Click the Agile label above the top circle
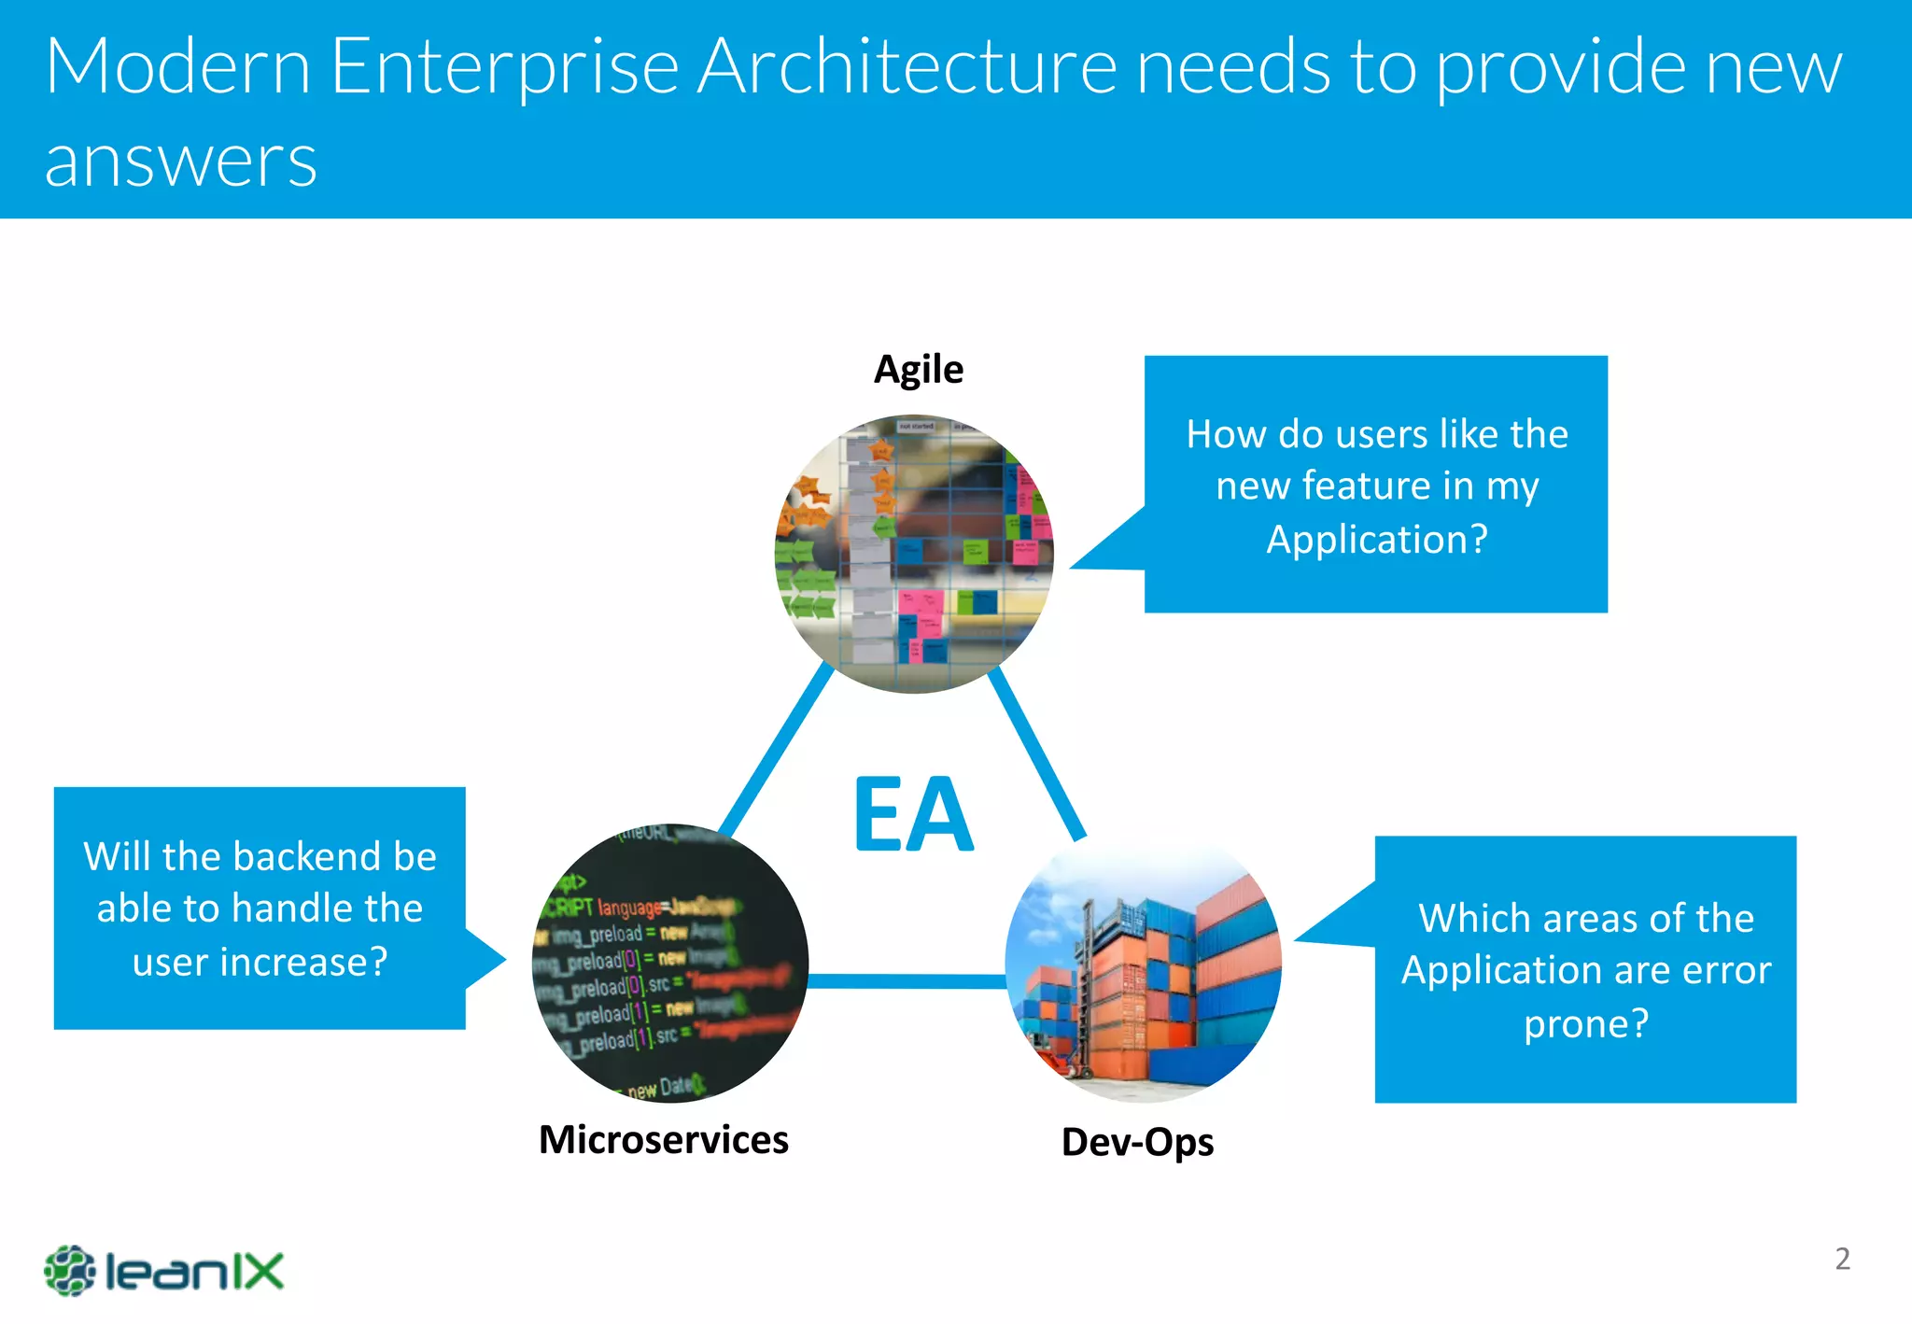pos(918,370)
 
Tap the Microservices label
pos(663,1140)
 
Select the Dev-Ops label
pos(1137,1142)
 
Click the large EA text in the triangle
pos(913,814)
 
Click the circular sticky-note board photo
pos(914,554)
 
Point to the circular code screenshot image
pos(669,963)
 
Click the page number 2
pos(1842,1259)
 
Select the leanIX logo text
pos(194,1272)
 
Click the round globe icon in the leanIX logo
pos(69,1271)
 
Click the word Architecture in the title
pos(907,67)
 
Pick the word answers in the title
pos(180,161)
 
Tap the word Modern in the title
pos(177,67)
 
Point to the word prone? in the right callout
pos(1585,1023)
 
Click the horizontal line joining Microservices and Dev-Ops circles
pos(906,980)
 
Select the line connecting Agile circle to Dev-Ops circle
pos(1036,752)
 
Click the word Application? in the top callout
pos(1376,539)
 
